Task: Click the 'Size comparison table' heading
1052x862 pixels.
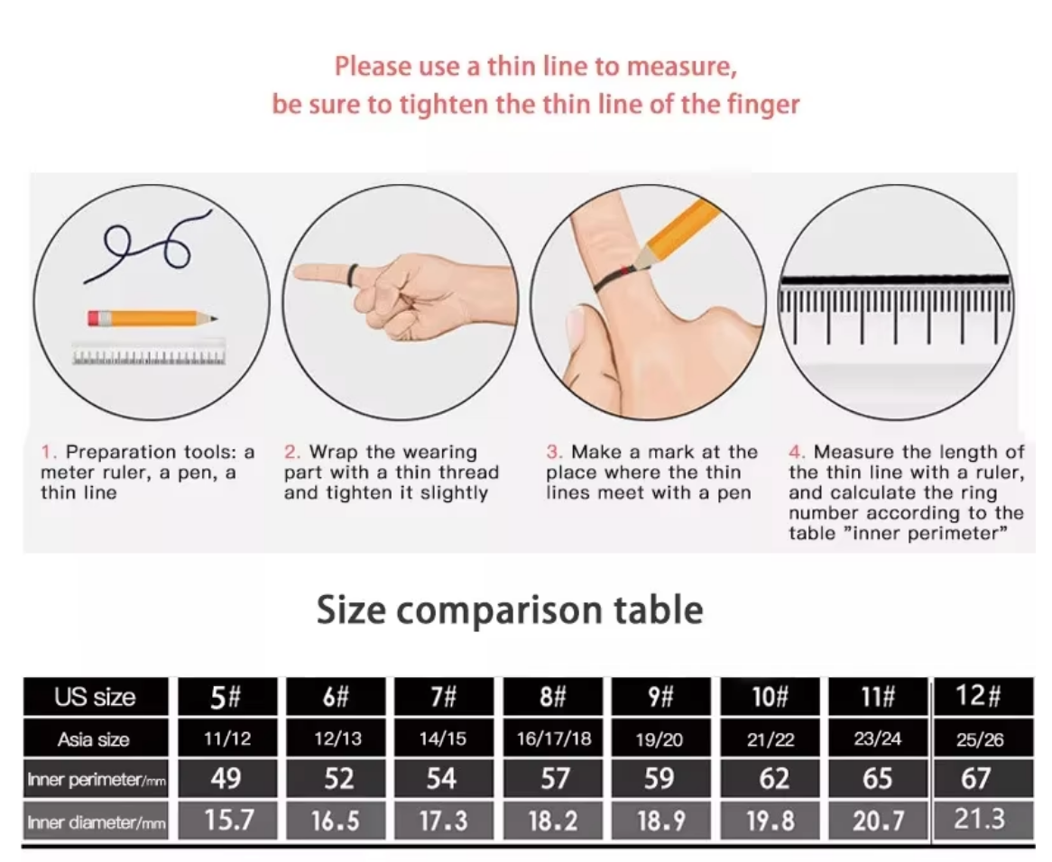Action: [x=510, y=610]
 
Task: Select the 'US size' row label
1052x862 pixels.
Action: [x=96, y=697]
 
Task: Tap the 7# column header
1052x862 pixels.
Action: [x=443, y=697]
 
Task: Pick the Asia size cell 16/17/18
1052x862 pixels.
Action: [x=554, y=738]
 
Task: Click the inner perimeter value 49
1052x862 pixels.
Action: [x=226, y=778]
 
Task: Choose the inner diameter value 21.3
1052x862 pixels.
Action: [x=980, y=819]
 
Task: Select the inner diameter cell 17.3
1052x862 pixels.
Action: [x=443, y=821]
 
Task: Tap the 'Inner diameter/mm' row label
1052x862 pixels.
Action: [x=96, y=821]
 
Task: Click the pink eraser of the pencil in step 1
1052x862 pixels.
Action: [x=95, y=317]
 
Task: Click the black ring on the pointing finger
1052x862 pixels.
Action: [x=352, y=274]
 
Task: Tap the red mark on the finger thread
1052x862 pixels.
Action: [x=625, y=270]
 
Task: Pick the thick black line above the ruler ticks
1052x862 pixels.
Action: [x=895, y=280]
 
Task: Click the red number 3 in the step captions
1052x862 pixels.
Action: [x=552, y=452]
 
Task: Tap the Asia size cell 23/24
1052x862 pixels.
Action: [x=878, y=738]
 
